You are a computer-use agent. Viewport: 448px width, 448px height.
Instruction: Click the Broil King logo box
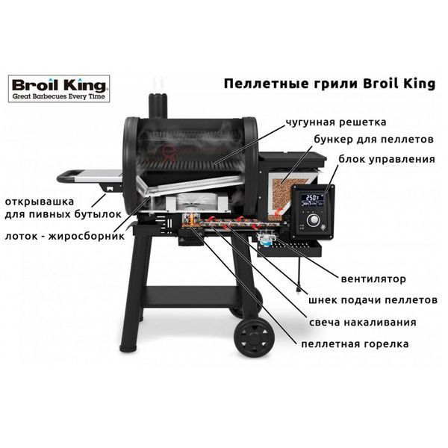pyautogui.click(x=59, y=89)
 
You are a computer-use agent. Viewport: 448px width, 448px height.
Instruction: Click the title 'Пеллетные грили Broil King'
pyautogui.click(x=329, y=84)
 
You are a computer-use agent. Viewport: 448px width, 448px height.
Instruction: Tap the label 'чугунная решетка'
pyautogui.click(x=336, y=122)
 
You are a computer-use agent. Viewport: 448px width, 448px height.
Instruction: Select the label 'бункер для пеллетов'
pyautogui.click(x=374, y=140)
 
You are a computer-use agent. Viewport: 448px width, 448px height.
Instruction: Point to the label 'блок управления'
pyautogui.click(x=387, y=159)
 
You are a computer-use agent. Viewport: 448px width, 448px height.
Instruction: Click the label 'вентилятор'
pyautogui.click(x=373, y=279)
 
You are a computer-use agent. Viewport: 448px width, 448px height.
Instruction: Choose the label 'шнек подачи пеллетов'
pyautogui.click(x=373, y=300)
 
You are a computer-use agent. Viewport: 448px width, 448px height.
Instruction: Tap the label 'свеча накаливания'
pyautogui.click(x=363, y=323)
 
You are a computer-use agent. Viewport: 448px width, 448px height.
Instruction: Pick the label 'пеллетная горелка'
pyautogui.click(x=355, y=343)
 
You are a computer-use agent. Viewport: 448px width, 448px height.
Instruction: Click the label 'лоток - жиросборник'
pyautogui.click(x=65, y=236)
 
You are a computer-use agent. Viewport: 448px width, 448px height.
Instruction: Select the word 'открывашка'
pyautogui.click(x=40, y=202)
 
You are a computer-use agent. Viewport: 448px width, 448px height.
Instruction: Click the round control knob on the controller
pyautogui.click(x=314, y=220)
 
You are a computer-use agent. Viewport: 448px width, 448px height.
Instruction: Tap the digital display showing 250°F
pyautogui.click(x=312, y=199)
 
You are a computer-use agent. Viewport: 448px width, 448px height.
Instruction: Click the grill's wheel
pyautogui.click(x=254, y=337)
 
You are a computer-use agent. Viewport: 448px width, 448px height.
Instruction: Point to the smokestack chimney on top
pyautogui.click(x=158, y=106)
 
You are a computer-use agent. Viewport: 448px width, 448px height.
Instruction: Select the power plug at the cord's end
pyautogui.click(x=299, y=288)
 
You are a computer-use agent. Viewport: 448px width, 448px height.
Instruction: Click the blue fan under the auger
pyautogui.click(x=266, y=240)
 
